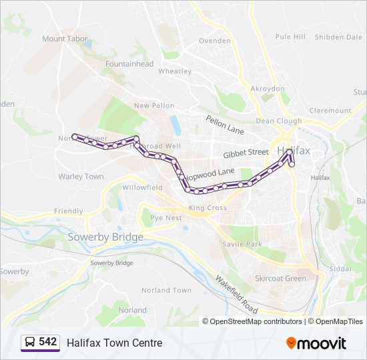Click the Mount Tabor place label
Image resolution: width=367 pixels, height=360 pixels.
pyautogui.click(x=65, y=39)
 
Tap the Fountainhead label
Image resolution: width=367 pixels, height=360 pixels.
pyautogui.click(x=129, y=64)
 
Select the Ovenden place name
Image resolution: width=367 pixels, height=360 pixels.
pyautogui.click(x=215, y=41)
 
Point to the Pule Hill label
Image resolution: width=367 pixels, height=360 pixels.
pyautogui.click(x=290, y=37)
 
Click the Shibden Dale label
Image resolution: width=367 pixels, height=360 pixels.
pyautogui.click(x=338, y=37)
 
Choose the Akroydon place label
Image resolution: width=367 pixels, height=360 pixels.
pyautogui.click(x=267, y=88)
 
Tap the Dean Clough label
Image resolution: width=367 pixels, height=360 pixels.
pyautogui.click(x=279, y=121)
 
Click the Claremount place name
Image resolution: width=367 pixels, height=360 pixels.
pyautogui.click(x=330, y=111)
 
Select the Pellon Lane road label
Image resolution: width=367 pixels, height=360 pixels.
pyautogui.click(x=225, y=125)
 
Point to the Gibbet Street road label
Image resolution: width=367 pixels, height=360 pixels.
pyautogui.click(x=246, y=153)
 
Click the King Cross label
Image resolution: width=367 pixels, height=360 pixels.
pyautogui.click(x=208, y=208)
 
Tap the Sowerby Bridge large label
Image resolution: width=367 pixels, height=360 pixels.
pyautogui.click(x=105, y=237)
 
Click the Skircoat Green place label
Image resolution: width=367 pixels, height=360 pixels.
pyautogui.click(x=281, y=279)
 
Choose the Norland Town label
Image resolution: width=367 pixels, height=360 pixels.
pyautogui.click(x=166, y=290)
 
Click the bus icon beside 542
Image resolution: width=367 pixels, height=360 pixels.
pyautogui.click(x=30, y=343)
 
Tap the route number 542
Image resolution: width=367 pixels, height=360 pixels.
pyautogui.click(x=48, y=342)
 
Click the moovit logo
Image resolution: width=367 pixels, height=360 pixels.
pyautogui.click(x=316, y=343)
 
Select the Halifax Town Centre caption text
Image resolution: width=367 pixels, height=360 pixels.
pyautogui.click(x=114, y=343)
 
